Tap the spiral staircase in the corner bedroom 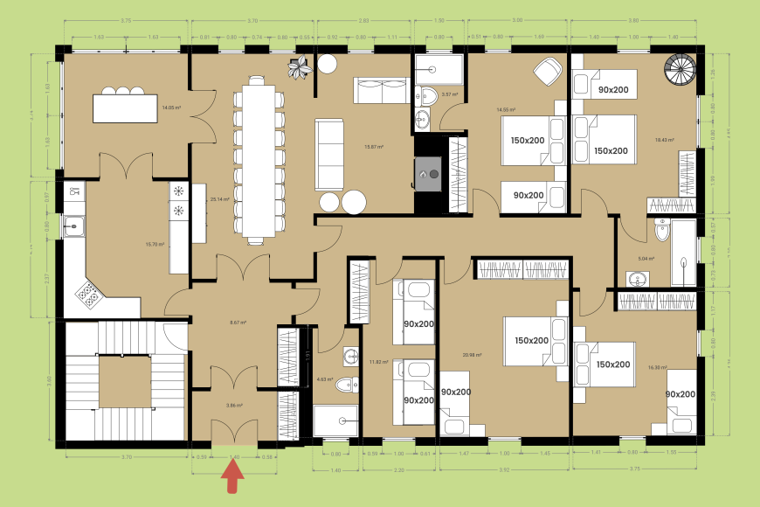point(681,69)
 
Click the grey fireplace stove point(428,173)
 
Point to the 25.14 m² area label point(219,199)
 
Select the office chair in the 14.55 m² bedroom point(547,71)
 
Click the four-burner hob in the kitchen point(89,295)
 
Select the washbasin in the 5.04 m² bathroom point(637,279)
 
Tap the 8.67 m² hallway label point(237,323)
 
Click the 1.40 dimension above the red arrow point(233,456)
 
